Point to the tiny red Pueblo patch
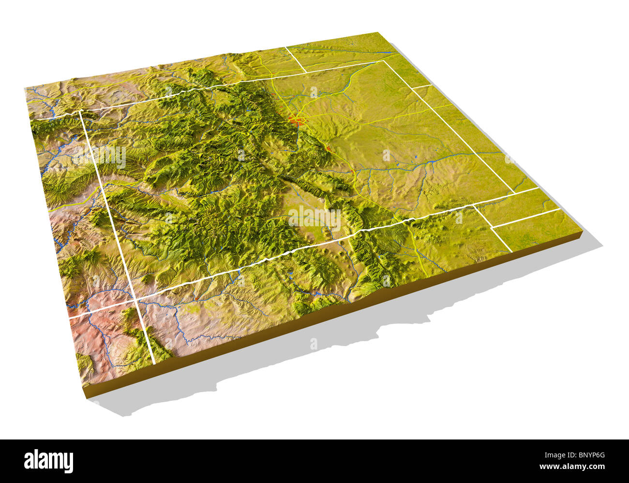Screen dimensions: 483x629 click(354, 172)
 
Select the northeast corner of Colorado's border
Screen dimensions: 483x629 click(385, 61)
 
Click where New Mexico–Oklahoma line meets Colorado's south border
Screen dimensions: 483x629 click(472, 205)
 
